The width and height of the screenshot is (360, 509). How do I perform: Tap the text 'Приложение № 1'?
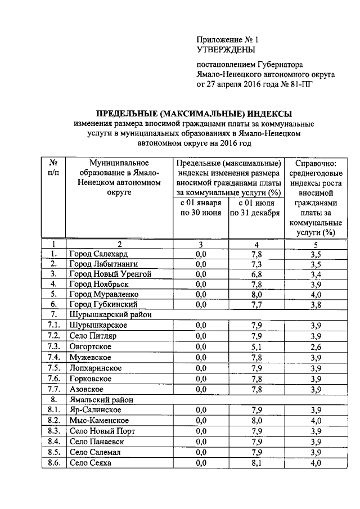(227, 40)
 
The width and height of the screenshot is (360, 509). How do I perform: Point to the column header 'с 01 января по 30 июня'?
(201, 208)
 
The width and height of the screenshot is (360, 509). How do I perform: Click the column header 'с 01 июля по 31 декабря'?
(256, 208)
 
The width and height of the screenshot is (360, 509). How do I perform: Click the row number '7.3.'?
(54, 347)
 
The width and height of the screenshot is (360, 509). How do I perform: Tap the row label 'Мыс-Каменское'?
(97, 421)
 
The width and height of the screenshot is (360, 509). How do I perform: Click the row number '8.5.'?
(54, 452)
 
